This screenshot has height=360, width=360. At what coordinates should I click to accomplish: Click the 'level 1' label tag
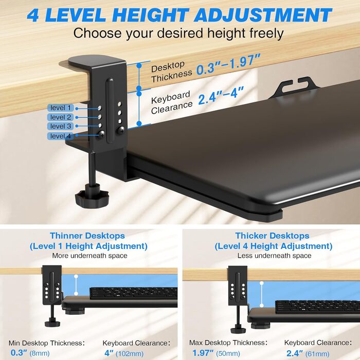[x=61, y=107]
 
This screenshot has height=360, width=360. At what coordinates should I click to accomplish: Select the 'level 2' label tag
[x=61, y=117]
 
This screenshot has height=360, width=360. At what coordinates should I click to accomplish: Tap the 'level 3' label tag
[x=61, y=126]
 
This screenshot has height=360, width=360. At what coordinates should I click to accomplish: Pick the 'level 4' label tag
[x=61, y=136]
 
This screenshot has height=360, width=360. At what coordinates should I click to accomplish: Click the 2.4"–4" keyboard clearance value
[x=221, y=96]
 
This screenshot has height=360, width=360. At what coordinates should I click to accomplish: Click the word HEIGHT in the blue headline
[x=150, y=15]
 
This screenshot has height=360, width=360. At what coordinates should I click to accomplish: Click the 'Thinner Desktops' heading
[x=87, y=236]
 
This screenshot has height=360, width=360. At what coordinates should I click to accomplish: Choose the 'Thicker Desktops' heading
[x=272, y=236]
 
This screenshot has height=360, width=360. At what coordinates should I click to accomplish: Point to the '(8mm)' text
[x=40, y=353]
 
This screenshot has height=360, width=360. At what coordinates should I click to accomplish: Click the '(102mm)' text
[x=130, y=353]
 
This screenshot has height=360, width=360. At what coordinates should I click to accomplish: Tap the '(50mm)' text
[x=228, y=353]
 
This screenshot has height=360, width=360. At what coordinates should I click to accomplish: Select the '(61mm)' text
[x=317, y=354]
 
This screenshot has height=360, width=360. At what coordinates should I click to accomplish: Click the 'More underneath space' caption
[x=89, y=256]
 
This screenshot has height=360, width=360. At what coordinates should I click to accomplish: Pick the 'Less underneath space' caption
[x=274, y=256]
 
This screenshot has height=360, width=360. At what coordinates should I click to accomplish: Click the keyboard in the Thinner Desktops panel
[x=133, y=293]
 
